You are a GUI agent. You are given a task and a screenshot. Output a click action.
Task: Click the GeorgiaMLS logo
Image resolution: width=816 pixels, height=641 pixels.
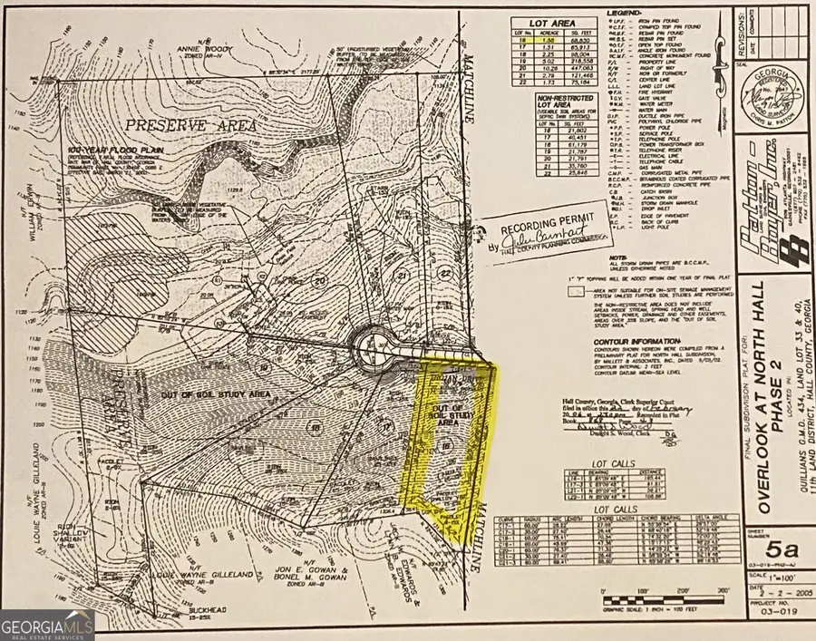coord(47,624)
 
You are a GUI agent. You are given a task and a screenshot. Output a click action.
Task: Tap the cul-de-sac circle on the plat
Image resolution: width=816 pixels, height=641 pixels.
coord(374,345)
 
